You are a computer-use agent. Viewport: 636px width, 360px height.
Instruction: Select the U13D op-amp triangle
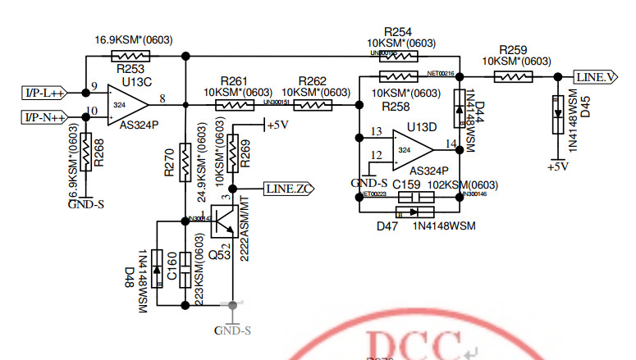(x=412, y=150)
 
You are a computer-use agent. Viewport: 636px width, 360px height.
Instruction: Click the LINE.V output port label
(x=596, y=77)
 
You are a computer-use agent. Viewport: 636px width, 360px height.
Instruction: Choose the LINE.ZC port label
(x=287, y=188)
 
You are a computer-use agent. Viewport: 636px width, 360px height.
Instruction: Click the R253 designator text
(x=130, y=70)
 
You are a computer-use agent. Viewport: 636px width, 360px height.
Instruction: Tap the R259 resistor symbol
(x=514, y=77)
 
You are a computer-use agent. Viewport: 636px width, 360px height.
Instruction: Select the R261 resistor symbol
(x=234, y=105)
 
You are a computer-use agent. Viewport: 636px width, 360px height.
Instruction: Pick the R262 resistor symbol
(x=312, y=105)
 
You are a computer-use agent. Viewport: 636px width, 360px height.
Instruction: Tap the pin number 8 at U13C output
(x=162, y=98)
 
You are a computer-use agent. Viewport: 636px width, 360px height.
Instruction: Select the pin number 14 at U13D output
(x=450, y=144)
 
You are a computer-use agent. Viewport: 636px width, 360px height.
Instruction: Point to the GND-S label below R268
(x=85, y=204)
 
